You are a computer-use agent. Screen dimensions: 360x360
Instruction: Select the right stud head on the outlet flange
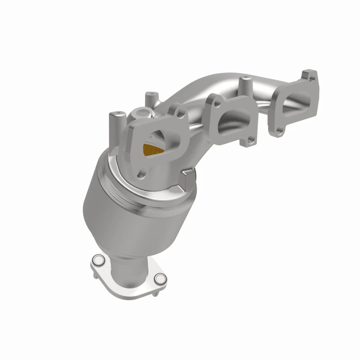click(x=159, y=279)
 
